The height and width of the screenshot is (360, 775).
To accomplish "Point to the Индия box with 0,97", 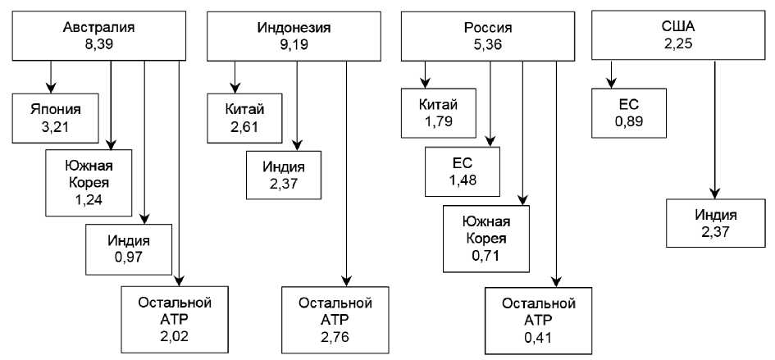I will pos(129,249).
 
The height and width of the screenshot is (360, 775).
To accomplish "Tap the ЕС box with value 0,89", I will pos(628,114).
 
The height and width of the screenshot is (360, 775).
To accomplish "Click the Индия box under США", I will pos(715,223).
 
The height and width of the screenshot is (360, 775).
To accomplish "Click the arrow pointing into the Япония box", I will pos(51,77).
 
